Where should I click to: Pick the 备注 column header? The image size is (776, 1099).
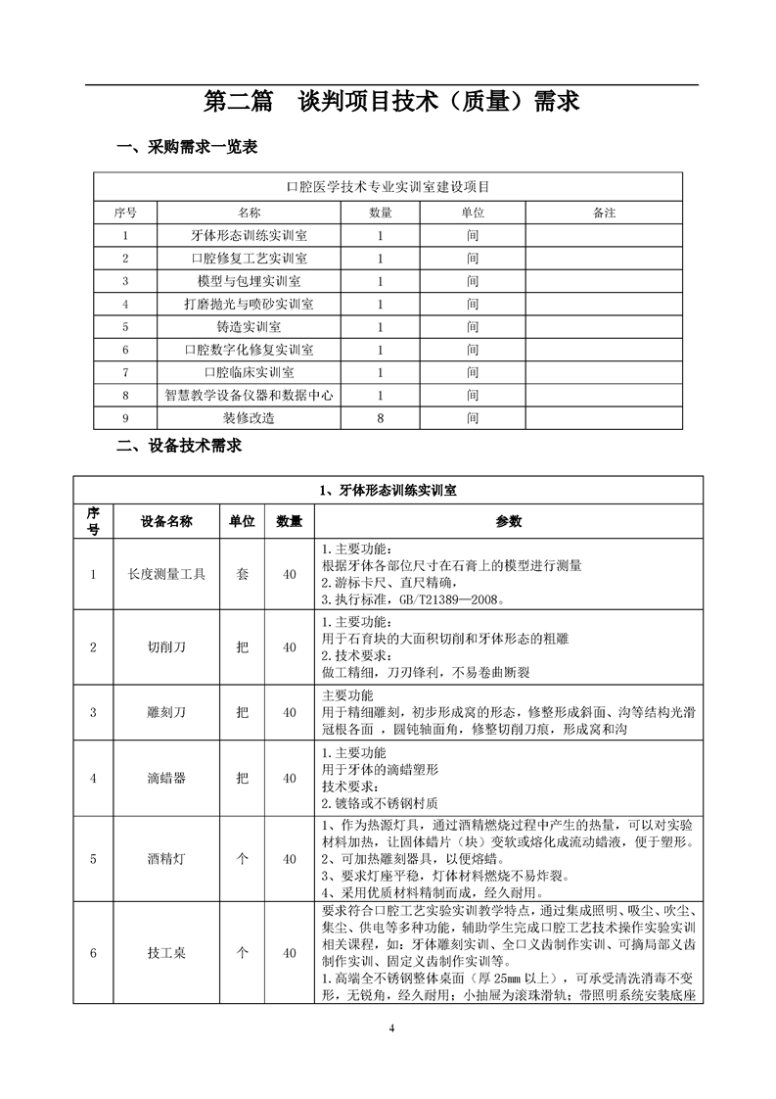tap(605, 212)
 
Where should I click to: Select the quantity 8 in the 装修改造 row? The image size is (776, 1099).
tap(381, 417)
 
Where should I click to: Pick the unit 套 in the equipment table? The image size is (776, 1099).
tap(242, 575)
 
